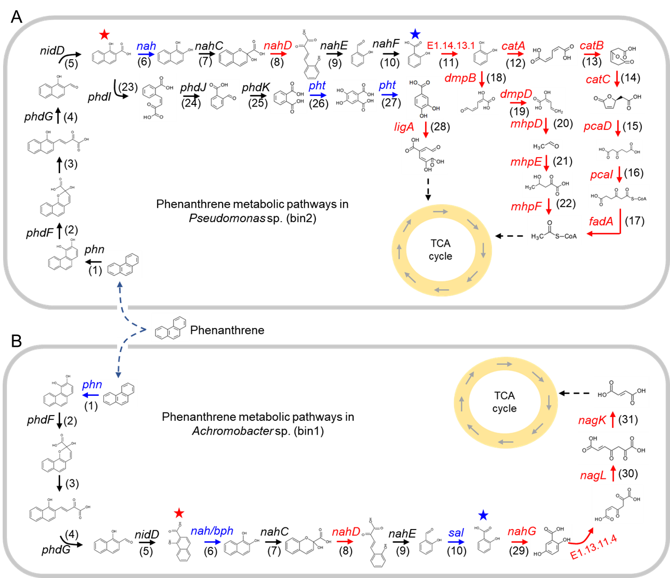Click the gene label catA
tap(513, 46)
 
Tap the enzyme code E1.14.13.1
tap(451, 45)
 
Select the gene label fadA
tap(601, 221)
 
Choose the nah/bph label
tap(212, 531)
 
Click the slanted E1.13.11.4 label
tap(593, 548)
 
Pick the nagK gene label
tap(592, 421)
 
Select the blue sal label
tap(456, 532)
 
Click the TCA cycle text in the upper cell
tap(440, 250)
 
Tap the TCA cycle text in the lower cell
tap(504, 402)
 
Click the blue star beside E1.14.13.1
tap(415, 35)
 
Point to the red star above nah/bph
tap(179, 513)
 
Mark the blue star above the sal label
tap(483, 515)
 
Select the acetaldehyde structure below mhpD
tap(546, 146)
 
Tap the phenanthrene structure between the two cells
tap(170, 327)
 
